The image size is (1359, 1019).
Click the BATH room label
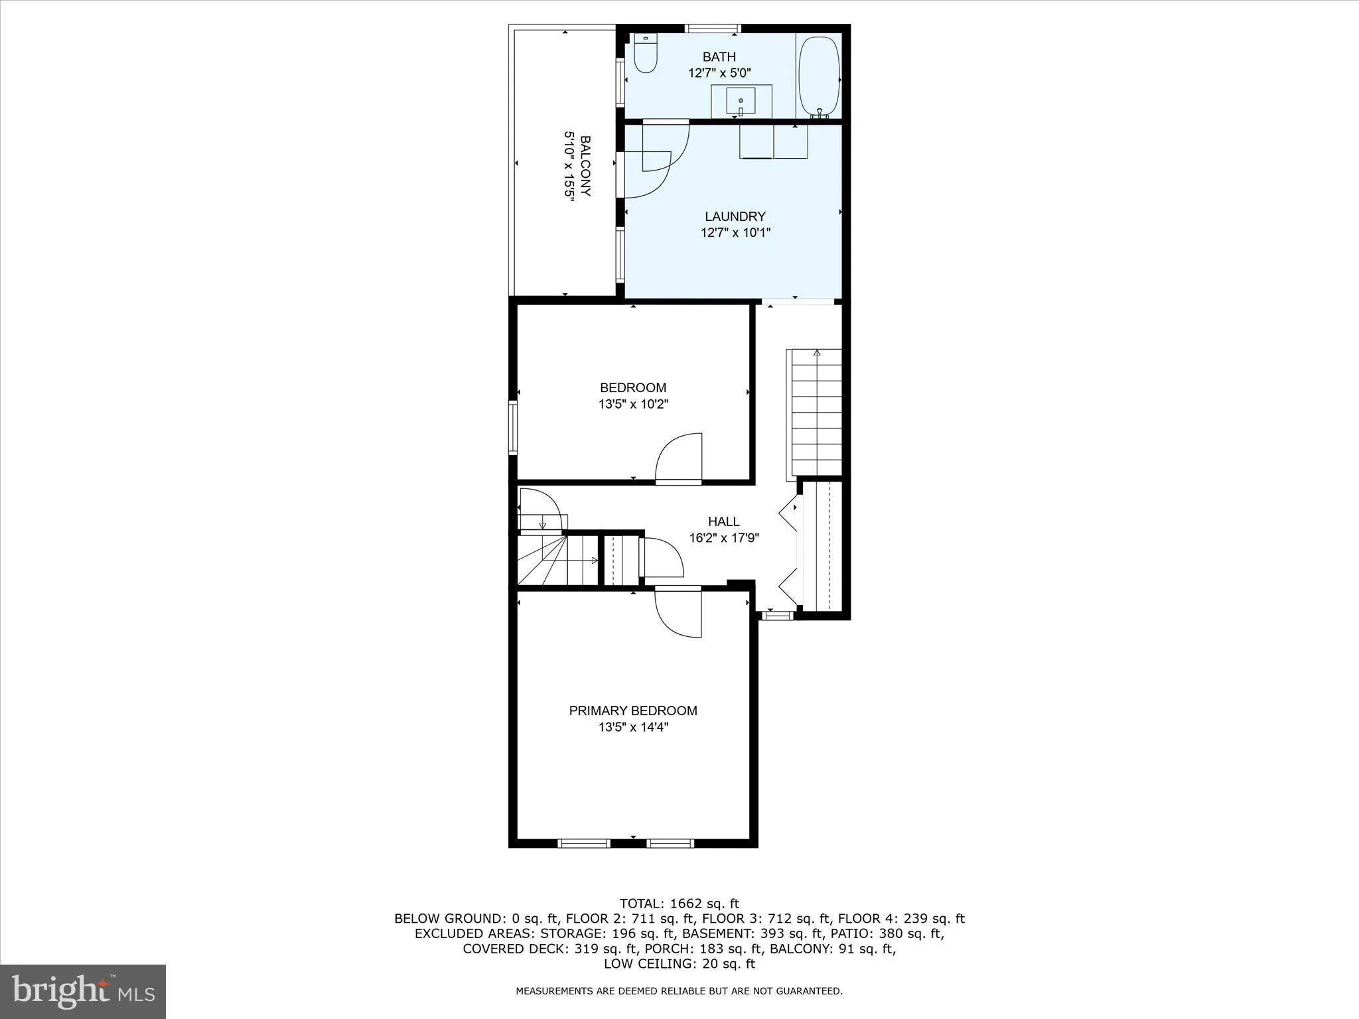click(719, 57)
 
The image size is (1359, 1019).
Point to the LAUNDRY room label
click(735, 216)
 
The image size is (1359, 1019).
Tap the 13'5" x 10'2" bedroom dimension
click(633, 404)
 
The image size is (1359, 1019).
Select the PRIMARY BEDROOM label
click(633, 711)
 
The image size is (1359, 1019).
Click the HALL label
click(723, 521)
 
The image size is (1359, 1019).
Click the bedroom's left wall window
click(512, 426)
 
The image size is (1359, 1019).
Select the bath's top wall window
click(713, 29)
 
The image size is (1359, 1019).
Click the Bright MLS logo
click(83, 991)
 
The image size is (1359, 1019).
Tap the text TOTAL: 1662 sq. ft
click(679, 903)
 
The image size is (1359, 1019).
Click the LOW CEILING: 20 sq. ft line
click(679, 964)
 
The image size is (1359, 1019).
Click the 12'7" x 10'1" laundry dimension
click(735, 233)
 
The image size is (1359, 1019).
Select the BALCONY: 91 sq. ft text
click(832, 949)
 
